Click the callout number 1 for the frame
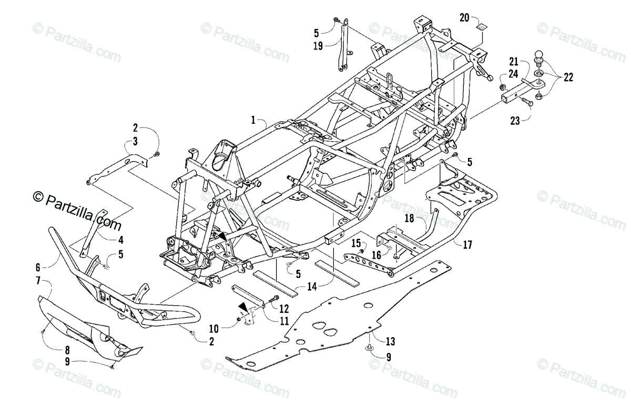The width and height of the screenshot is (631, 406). [x=253, y=121]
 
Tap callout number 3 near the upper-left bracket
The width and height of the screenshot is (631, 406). [x=135, y=141]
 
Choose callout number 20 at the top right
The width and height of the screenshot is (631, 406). [x=464, y=18]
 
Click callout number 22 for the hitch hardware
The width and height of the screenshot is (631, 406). [x=568, y=77]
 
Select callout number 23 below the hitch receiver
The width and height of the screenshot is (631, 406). [x=514, y=121]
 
